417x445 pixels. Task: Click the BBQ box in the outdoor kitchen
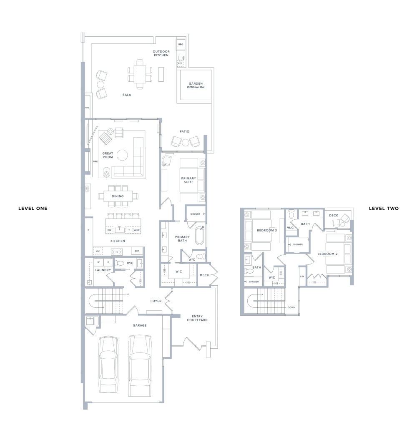click(x=181, y=44)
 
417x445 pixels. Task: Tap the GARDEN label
click(x=196, y=83)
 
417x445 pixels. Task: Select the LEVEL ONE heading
click(x=33, y=208)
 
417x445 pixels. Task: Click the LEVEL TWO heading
click(x=384, y=208)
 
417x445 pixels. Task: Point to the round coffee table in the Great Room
click(x=122, y=155)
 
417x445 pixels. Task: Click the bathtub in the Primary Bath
click(x=199, y=235)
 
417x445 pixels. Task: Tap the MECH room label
click(x=204, y=275)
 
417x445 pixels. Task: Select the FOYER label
click(x=156, y=301)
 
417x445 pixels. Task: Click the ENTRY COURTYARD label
click(x=197, y=318)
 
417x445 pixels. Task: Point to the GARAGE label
click(x=140, y=325)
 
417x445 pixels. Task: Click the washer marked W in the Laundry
click(x=98, y=262)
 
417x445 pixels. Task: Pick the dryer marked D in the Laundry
click(x=108, y=262)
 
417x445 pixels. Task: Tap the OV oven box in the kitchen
click(x=98, y=251)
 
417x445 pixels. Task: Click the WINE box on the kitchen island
click(x=137, y=230)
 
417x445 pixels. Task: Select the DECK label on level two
click(x=334, y=215)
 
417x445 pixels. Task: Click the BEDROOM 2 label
click(x=327, y=254)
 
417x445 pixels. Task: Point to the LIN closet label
click(x=302, y=277)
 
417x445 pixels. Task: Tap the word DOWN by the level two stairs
click(x=291, y=307)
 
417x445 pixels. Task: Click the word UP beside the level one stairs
click(x=127, y=294)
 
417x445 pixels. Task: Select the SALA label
click(x=127, y=95)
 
